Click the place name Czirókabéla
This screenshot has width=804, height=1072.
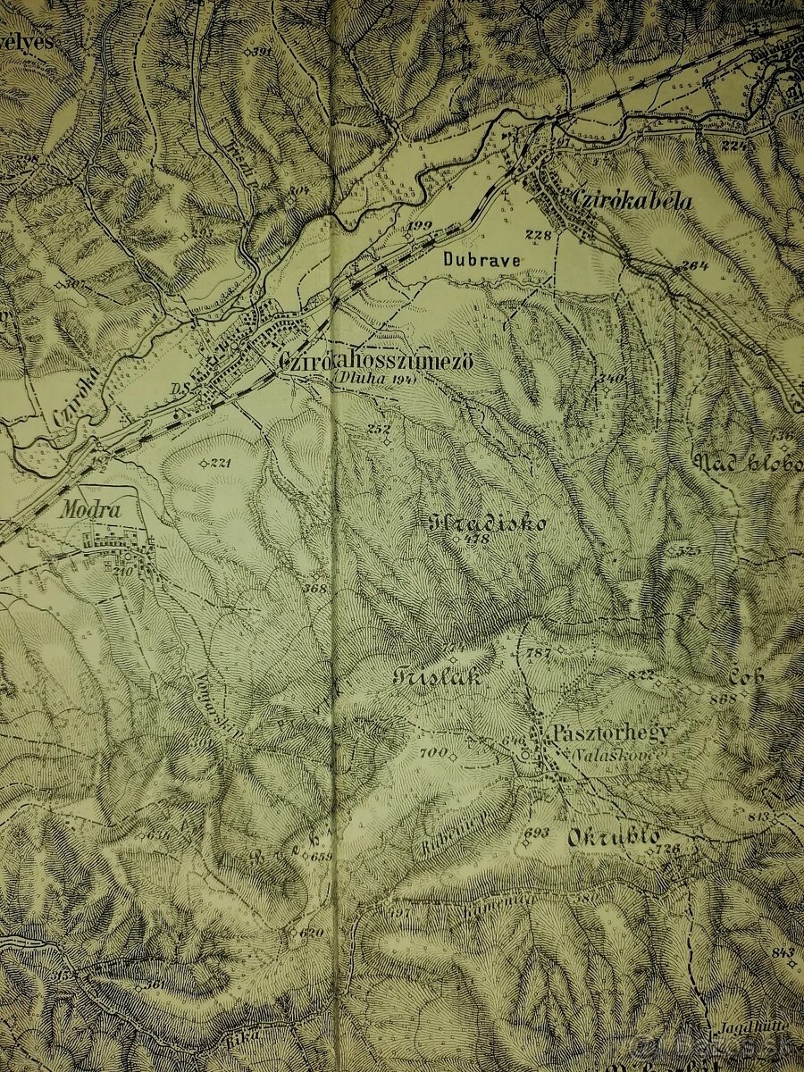coord(624,202)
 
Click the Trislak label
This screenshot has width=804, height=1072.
coord(437,676)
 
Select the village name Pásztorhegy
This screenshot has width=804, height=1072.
coord(611,733)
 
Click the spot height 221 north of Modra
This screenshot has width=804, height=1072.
coord(217,463)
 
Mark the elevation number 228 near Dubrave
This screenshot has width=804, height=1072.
coord(538,235)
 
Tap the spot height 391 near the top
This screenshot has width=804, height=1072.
coord(261,53)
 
